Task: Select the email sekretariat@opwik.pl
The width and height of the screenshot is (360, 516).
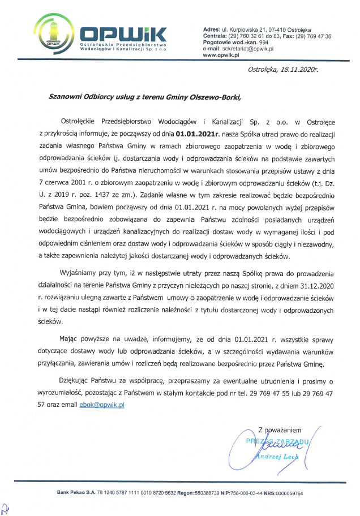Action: [248, 49]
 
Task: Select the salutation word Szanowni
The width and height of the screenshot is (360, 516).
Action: [68, 96]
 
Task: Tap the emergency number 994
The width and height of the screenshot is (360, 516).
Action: [263, 42]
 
